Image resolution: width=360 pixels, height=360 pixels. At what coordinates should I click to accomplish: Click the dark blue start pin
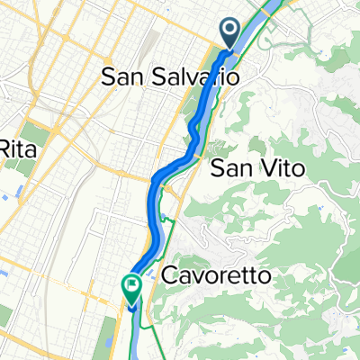tap(229, 35)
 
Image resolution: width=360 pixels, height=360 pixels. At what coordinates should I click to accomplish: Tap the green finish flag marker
tap(131, 288)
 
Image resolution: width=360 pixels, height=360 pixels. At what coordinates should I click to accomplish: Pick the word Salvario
tap(195, 78)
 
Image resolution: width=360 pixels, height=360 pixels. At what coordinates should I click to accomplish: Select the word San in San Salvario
tap(123, 78)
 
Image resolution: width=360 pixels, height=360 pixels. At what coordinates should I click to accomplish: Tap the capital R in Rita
tap(5, 148)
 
